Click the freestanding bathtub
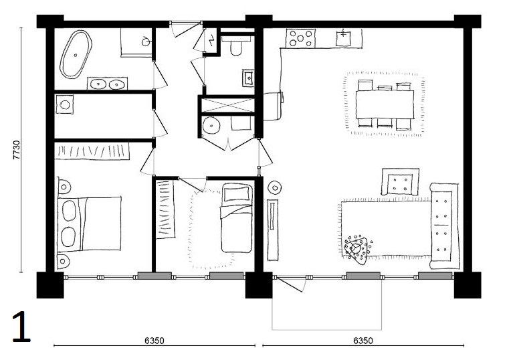point(76,55)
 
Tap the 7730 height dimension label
point(16,150)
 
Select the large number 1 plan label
point(21,327)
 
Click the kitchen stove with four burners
point(300,38)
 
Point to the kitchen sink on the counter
point(343,38)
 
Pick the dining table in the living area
point(385,104)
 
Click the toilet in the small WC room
point(236,46)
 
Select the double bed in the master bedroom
point(89,223)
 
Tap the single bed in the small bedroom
point(237,218)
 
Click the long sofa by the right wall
point(443,226)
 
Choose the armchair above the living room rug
point(400,181)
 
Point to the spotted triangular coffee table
point(357,249)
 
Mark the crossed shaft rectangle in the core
point(227,105)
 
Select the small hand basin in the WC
point(248,78)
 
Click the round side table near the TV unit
point(275,187)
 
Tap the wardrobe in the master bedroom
point(92,151)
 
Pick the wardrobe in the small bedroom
point(165,209)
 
